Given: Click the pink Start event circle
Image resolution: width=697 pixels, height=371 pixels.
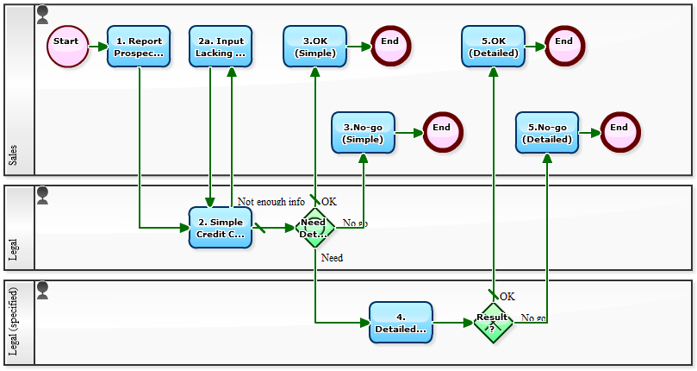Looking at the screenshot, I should [67, 47].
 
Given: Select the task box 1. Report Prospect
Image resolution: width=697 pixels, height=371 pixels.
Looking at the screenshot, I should [139, 47].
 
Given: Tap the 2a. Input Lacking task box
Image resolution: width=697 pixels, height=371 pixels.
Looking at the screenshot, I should [221, 47].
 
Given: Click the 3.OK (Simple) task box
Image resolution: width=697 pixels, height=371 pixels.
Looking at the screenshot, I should [315, 47].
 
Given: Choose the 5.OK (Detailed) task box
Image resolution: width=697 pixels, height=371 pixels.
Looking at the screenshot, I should [493, 47].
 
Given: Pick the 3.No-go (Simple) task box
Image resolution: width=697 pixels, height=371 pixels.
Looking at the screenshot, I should [363, 133].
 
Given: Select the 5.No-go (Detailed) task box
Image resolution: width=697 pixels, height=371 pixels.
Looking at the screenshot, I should [546, 133].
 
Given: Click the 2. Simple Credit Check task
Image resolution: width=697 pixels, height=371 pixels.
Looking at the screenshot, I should [221, 228].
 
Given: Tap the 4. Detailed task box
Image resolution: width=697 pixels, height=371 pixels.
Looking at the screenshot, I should [401, 323].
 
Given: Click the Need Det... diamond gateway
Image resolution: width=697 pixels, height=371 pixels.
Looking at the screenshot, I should [314, 228].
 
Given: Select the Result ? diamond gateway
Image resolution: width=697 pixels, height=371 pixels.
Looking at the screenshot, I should [494, 323].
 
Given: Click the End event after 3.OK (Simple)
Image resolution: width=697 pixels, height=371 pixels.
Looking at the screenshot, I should [391, 47].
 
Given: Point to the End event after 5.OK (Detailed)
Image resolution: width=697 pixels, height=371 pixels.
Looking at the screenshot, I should [564, 47].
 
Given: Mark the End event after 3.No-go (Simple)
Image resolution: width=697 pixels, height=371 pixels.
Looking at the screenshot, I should [442, 133].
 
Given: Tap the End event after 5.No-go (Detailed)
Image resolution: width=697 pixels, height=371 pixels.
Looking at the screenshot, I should [619, 133].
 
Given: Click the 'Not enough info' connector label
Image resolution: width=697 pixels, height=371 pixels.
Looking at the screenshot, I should [271, 202].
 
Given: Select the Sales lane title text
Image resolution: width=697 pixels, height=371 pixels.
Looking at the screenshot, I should [13, 155].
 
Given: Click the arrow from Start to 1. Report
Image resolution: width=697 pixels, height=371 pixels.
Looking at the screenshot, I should [97, 47].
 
